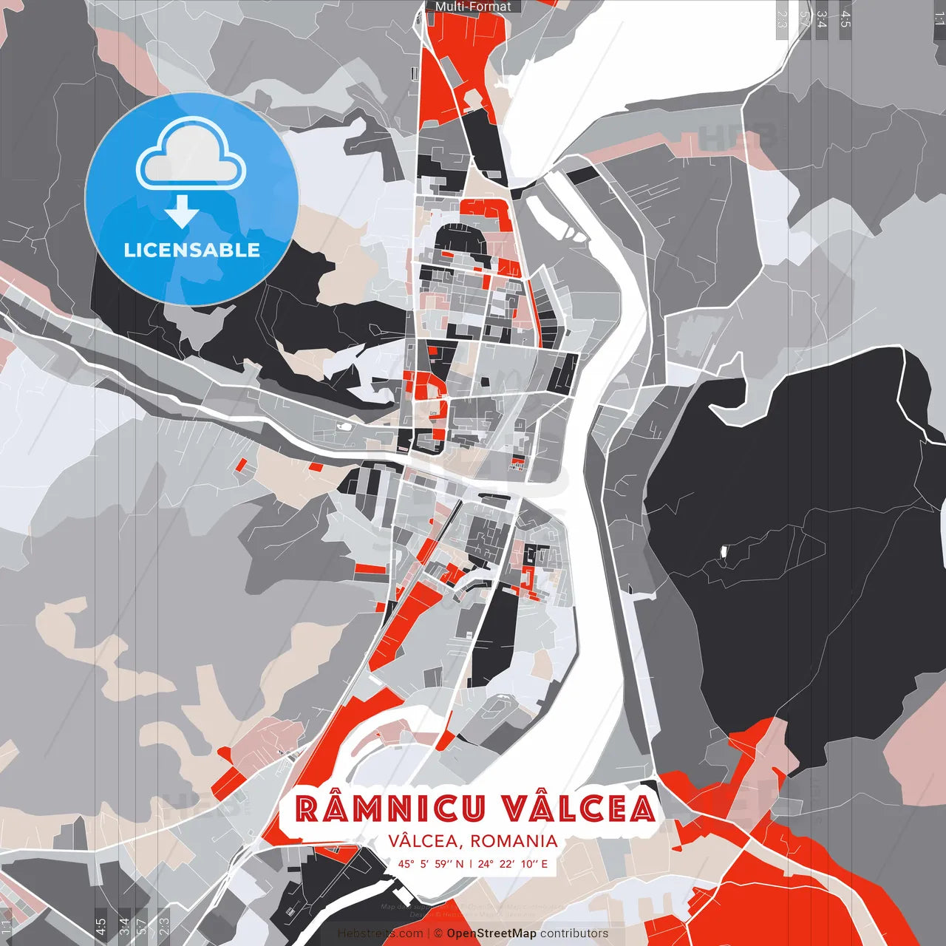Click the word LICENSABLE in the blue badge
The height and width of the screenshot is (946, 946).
pos(192,250)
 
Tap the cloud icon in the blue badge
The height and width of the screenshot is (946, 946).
pos(192,155)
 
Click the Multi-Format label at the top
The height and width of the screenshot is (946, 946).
pos(473,7)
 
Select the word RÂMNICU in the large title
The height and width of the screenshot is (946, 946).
pos(390,809)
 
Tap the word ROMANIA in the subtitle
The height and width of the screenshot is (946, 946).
pos(513,841)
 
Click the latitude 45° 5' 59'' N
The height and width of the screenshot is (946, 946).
pos(431,863)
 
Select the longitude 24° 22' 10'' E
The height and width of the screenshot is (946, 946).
pos(513,863)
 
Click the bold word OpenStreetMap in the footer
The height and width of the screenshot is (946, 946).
pos(491,933)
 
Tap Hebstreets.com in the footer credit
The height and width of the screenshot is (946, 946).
pos(381,933)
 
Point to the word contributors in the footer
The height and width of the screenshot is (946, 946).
pos(574,933)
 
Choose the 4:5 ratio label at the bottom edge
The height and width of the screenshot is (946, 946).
pos(100,926)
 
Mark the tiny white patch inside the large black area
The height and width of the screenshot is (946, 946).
pos(724,551)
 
